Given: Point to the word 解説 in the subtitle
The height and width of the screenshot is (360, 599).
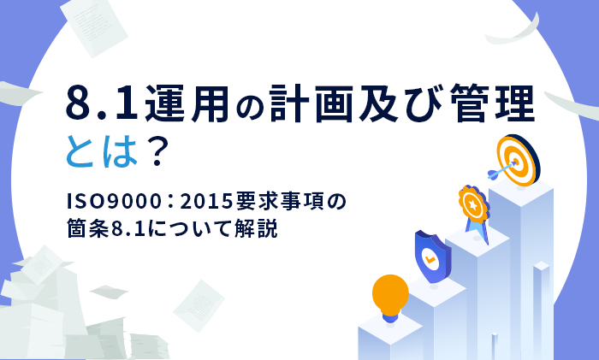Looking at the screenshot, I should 258,230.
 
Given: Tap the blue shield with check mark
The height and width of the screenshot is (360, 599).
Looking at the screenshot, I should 432,251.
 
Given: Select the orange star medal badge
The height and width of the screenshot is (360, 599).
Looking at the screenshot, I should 471,203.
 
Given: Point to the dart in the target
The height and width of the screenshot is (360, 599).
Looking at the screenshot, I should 500,172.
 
